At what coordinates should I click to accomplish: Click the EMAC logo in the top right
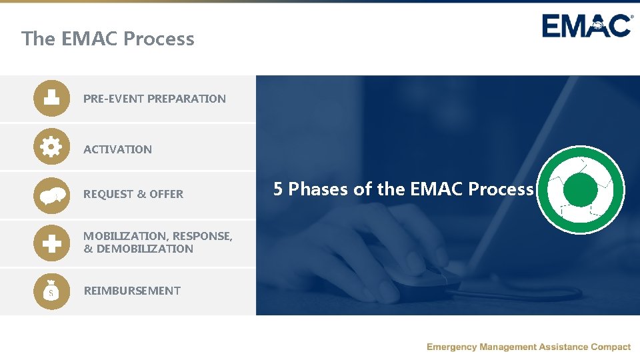[x=587, y=26]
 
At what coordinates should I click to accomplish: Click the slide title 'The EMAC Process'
[x=107, y=39]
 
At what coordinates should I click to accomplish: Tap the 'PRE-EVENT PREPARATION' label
[x=154, y=99]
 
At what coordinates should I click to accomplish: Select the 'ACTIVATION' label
[x=117, y=149]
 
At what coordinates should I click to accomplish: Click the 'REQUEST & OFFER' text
[x=133, y=194]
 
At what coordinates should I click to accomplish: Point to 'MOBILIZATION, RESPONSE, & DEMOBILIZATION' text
[x=157, y=243]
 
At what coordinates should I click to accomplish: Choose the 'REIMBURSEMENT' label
[x=131, y=291]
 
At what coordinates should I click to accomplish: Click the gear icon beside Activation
[x=51, y=146]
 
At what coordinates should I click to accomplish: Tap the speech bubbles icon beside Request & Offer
[x=51, y=195]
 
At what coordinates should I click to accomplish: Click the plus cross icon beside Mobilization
[x=51, y=244]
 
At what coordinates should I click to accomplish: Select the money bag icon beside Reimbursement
[x=51, y=291]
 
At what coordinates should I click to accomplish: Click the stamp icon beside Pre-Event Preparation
[x=51, y=98]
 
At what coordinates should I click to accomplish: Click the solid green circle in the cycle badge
[x=580, y=191]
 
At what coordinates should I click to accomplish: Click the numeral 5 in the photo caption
[x=278, y=189]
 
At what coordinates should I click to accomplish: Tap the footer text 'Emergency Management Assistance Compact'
[x=528, y=347]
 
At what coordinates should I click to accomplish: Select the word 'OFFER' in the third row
[x=166, y=194]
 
